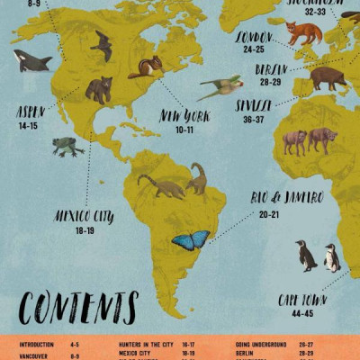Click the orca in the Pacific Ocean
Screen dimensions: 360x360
(31, 60)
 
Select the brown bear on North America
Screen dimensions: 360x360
(98, 88)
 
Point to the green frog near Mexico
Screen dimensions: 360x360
(67, 146)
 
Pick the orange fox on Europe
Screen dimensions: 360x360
(303, 33)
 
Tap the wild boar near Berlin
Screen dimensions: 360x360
(328, 78)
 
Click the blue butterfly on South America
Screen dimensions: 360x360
(190, 240)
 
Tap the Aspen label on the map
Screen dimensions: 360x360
(29, 112)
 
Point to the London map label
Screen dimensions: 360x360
(254, 37)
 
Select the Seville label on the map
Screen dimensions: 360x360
(254, 105)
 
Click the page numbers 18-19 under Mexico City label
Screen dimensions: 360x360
(85, 230)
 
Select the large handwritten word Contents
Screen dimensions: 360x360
(78, 308)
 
